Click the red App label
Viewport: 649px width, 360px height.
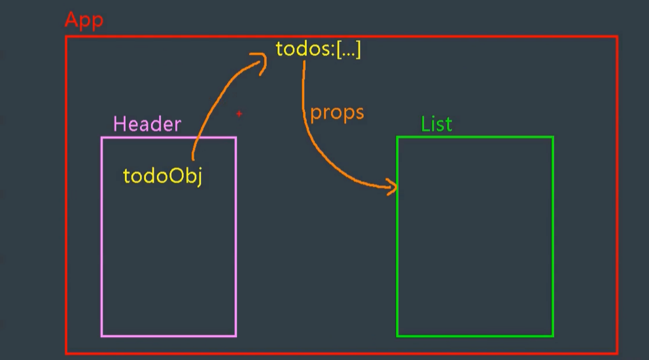[84, 20]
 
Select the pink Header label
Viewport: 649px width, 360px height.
[147, 124]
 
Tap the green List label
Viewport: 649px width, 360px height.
[436, 124]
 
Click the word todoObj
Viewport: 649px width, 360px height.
[162, 176]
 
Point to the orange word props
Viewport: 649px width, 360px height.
[337, 113]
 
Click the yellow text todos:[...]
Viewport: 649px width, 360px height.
[318, 50]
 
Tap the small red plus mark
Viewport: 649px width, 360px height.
[239, 114]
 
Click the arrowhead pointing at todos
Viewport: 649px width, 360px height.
[264, 62]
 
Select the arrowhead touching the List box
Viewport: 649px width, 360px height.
[393, 189]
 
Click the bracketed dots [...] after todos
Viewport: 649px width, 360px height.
[348, 50]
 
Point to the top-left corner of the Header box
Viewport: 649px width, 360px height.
[102, 137]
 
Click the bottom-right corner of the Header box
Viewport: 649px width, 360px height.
[236, 336]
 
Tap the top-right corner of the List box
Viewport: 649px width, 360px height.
[553, 137]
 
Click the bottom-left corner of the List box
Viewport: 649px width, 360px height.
[398, 336]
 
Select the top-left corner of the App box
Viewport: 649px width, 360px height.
[67, 37]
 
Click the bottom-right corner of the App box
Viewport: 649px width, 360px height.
[617, 353]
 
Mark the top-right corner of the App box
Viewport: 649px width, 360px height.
[617, 37]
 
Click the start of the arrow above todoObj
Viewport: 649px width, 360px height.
[193, 158]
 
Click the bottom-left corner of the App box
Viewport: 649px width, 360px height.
[67, 353]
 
